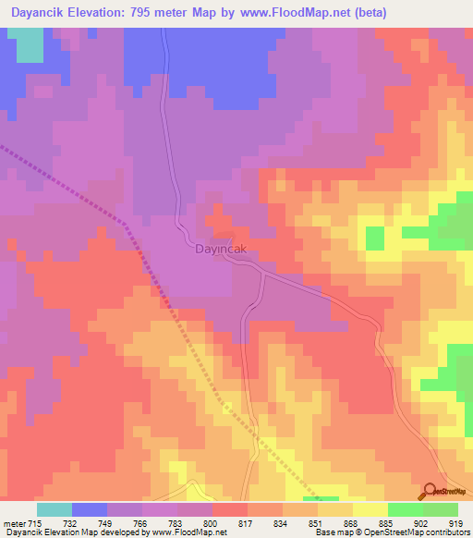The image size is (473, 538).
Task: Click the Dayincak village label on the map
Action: pyautogui.click(x=220, y=249)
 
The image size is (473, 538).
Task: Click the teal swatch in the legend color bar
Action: pyautogui.click(x=55, y=508)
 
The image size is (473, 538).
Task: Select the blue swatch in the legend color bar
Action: pyautogui.click(x=90, y=508)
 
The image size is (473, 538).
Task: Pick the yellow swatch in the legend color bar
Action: pyautogui.click(x=370, y=508)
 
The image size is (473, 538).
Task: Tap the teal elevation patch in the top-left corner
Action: pyautogui.click(x=30, y=44)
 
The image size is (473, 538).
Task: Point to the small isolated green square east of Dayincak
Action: pyautogui.click(x=374, y=238)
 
